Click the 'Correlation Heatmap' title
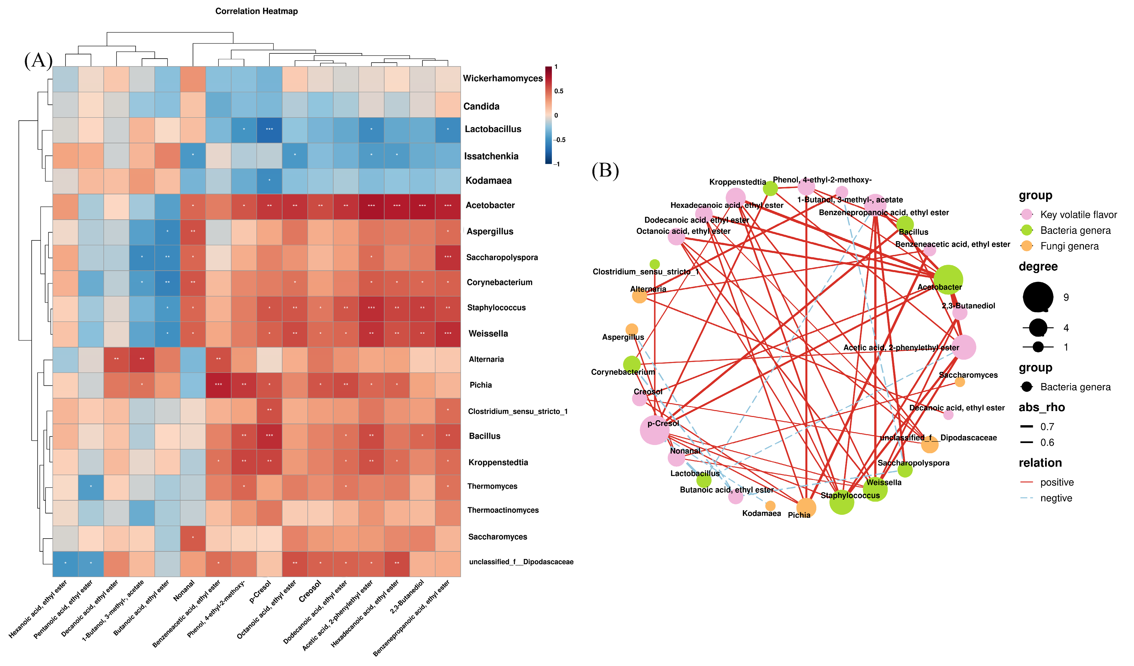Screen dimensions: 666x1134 pos(256,11)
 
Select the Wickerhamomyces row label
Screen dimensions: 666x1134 pos(503,78)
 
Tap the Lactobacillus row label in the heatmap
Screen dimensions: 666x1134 pos(493,129)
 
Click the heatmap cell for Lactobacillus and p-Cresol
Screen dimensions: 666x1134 pos(269,129)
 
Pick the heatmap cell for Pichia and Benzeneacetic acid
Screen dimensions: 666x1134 pos(218,385)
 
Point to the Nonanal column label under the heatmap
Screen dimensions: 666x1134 pos(184,590)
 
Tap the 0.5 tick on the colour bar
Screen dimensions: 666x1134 pos(559,91)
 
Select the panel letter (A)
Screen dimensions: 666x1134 pos(38,60)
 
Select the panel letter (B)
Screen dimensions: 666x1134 pos(605,171)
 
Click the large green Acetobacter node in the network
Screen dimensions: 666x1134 pos(948,279)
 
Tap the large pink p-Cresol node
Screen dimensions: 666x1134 pos(654,430)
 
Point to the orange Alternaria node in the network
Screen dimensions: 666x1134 pos(639,296)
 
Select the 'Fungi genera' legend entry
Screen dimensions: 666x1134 pos(1069,246)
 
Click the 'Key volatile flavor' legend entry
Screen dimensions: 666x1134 pos(1078,215)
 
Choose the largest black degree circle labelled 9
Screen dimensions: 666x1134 pos(1038,297)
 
